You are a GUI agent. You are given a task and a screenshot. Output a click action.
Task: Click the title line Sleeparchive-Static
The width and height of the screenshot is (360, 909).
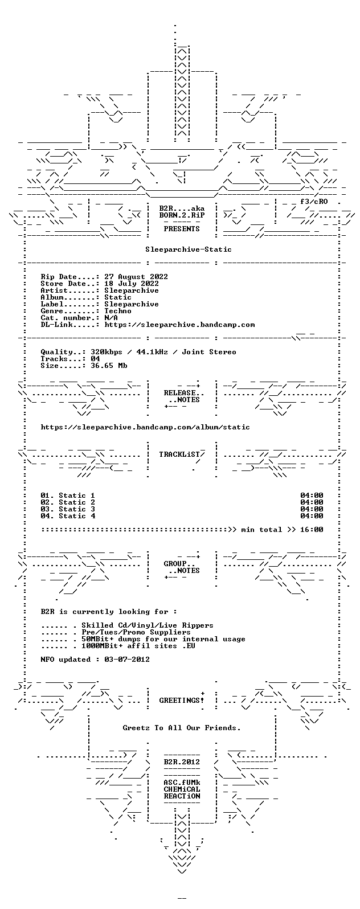click(x=189, y=249)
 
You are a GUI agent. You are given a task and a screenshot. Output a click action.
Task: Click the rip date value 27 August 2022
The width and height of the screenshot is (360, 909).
click(x=136, y=277)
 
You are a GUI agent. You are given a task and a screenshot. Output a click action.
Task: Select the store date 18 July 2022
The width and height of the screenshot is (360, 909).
click(x=132, y=284)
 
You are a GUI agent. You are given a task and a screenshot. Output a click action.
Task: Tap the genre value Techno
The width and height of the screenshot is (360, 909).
click(x=118, y=311)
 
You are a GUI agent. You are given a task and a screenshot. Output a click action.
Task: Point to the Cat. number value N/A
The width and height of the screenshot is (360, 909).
click(x=111, y=318)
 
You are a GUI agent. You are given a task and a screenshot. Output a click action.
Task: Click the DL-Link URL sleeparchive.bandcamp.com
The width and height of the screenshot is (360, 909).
click(x=179, y=325)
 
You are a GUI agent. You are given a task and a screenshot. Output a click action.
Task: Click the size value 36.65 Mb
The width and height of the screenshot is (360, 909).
click(x=109, y=366)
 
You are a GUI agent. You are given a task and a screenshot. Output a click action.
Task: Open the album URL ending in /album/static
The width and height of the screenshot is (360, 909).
click(x=145, y=427)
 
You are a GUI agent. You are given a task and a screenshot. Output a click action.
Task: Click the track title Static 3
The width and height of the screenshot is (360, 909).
click(x=77, y=509)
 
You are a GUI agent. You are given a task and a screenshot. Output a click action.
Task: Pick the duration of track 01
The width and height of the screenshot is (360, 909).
click(x=312, y=496)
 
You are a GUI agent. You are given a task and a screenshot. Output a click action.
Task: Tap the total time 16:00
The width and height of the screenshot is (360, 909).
click(x=312, y=530)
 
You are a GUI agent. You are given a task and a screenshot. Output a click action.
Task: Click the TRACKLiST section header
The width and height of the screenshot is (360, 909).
click(x=182, y=454)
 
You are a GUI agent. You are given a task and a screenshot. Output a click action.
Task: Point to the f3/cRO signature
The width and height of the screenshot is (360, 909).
click(x=314, y=202)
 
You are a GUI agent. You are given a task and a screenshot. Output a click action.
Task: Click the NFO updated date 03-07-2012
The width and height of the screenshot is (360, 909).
click(x=127, y=660)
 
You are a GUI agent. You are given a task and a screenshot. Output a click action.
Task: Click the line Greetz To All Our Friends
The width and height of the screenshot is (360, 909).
click(x=182, y=728)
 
